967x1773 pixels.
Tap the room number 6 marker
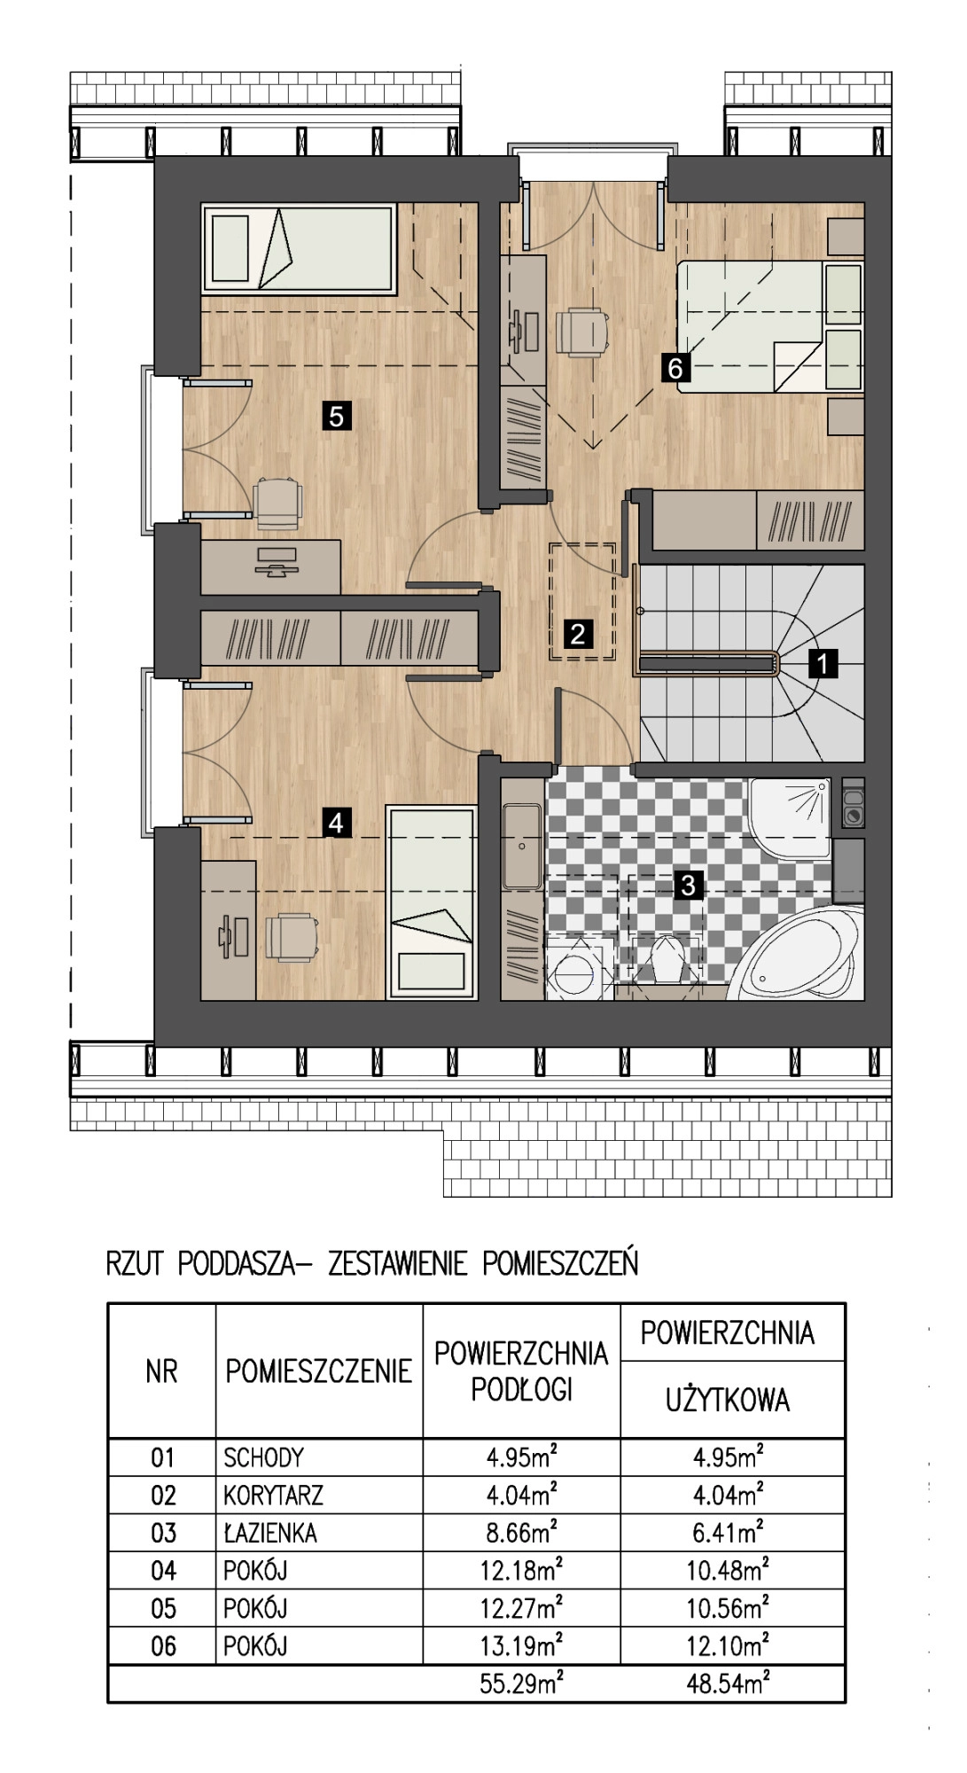(675, 367)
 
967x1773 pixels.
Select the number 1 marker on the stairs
(823, 662)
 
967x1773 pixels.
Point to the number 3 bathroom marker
(689, 884)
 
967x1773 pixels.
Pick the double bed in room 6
(770, 326)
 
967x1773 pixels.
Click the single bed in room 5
(298, 249)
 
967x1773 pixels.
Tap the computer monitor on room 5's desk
(275, 561)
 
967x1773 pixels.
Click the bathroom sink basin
(522, 847)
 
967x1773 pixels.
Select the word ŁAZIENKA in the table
(270, 1533)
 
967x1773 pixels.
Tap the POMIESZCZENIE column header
(319, 1371)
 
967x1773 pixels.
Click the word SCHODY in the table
(264, 1457)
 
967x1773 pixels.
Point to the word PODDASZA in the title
(237, 1262)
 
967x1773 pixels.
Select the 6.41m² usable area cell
(728, 1532)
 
